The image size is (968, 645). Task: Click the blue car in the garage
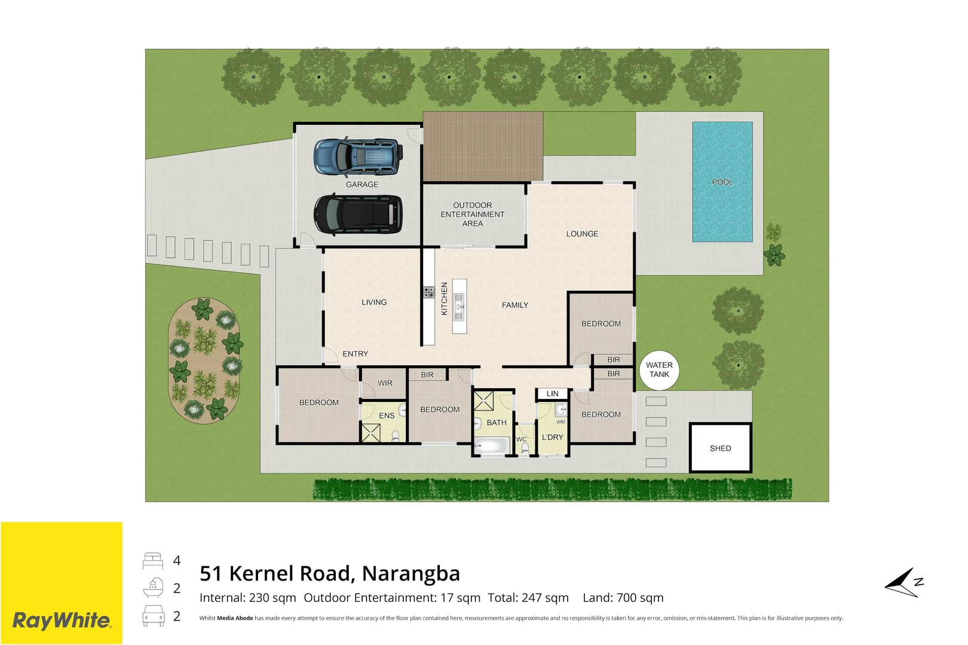[x=359, y=156]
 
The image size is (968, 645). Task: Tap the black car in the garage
[x=359, y=215]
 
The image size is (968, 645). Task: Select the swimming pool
[x=722, y=182]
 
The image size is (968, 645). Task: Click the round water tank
[x=659, y=370]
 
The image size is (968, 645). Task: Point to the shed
[x=721, y=448]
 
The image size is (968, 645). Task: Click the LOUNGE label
[x=582, y=234]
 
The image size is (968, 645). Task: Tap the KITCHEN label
[x=444, y=299]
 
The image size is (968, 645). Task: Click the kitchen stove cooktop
[x=428, y=292]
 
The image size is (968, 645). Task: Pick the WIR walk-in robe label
[x=385, y=383]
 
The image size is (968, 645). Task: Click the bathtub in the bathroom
[x=491, y=446]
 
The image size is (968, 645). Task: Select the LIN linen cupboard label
[x=552, y=394]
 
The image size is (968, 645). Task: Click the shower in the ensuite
[x=371, y=433]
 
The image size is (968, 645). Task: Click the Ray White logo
[x=62, y=621]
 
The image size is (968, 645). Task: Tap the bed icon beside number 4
[x=153, y=561]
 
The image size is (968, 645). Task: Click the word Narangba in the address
[x=411, y=573]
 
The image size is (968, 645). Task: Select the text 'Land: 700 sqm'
[x=623, y=597]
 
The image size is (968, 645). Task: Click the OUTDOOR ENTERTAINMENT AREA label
[x=472, y=214]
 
